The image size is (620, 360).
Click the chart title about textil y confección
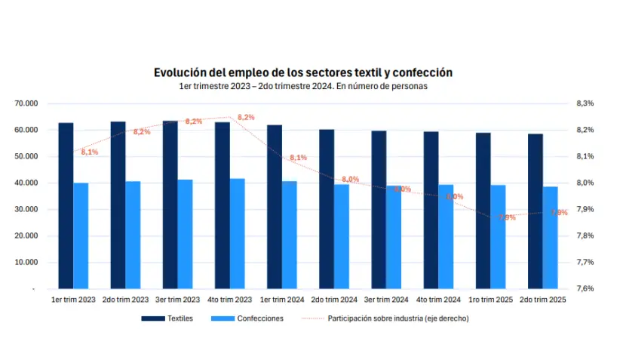click(x=302, y=72)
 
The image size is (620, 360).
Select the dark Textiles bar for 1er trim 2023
click(x=66, y=205)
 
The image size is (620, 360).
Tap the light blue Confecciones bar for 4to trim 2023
click(x=237, y=233)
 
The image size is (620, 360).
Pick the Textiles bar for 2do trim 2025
click(x=535, y=211)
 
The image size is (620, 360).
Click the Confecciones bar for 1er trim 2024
click(x=290, y=235)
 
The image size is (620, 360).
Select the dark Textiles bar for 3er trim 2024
click(x=379, y=209)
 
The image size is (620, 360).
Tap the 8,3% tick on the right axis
click(x=585, y=103)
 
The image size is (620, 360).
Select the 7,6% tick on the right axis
click(x=585, y=288)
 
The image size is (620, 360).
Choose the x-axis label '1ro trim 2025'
click(x=490, y=300)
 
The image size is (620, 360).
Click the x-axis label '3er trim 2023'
click(x=178, y=300)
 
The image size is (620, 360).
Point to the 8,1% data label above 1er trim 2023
click(x=89, y=152)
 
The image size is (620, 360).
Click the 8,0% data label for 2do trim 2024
click(x=350, y=179)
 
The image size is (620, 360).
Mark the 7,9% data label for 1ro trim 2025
click(x=507, y=217)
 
